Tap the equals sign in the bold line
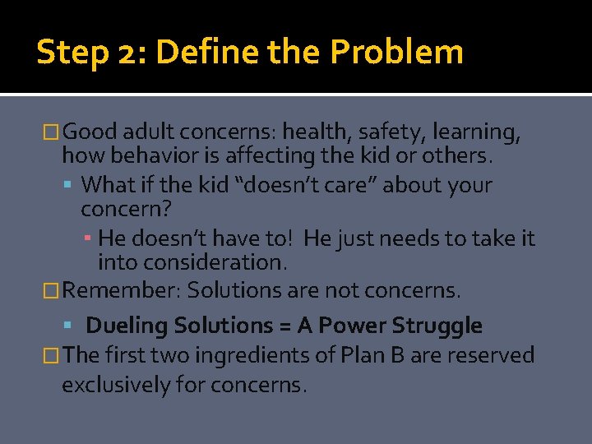pyautogui.click(x=284, y=326)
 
